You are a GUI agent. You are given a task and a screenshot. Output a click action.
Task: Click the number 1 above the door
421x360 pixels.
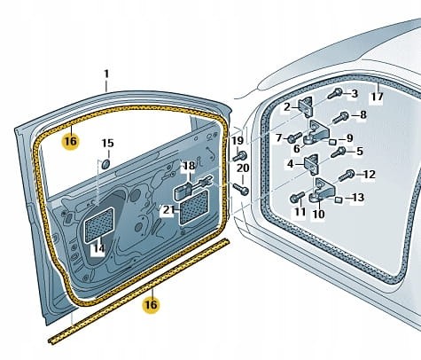point(106,74)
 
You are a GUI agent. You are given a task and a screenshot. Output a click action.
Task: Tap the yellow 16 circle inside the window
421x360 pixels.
point(71,141)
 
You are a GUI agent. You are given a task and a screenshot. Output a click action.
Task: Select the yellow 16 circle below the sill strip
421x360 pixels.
point(151,304)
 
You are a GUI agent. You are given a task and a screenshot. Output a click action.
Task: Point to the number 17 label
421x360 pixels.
point(378,97)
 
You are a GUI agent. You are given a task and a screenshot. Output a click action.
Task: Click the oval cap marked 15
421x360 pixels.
point(105,164)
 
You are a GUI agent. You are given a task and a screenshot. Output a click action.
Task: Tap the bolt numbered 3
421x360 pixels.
point(335,93)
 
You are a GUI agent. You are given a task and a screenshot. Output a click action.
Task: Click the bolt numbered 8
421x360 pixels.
point(340,117)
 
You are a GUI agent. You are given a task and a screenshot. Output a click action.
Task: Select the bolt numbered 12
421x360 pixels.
point(347,176)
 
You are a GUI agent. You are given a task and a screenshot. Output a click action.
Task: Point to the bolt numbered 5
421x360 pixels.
point(339,153)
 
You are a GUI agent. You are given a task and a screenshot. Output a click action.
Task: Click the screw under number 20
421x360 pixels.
point(241,190)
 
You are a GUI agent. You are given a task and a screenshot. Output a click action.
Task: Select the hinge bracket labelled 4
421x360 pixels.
point(311,165)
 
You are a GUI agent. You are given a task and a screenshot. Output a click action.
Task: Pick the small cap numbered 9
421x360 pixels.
point(332,141)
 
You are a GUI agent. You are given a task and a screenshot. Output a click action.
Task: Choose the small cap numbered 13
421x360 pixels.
point(338,200)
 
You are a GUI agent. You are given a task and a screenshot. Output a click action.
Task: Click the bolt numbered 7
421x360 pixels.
point(293,137)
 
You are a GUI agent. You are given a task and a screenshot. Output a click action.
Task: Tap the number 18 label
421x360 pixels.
point(190,166)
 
